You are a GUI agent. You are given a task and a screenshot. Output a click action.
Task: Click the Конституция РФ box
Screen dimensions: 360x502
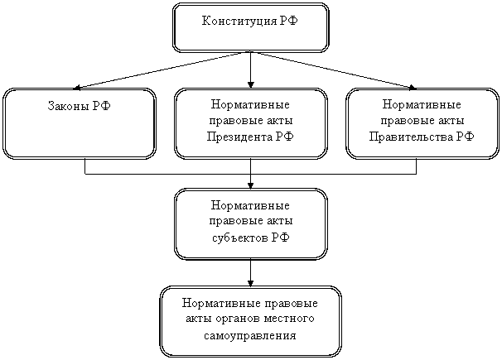[251, 27]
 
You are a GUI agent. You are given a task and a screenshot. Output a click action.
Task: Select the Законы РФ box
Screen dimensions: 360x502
[79, 123]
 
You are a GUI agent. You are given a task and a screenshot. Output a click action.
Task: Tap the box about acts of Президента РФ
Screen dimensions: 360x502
[251, 123]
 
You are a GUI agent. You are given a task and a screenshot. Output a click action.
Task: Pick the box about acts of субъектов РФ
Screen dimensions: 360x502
[251, 223]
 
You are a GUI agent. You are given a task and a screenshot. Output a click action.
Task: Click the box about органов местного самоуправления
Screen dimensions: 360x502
[251, 321]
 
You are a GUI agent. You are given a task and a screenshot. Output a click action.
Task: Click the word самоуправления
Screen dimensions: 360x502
[251, 336]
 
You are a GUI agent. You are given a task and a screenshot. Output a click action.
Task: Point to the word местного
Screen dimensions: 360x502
[291, 320]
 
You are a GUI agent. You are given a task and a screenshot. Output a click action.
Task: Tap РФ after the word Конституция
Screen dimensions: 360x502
[291, 19]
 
